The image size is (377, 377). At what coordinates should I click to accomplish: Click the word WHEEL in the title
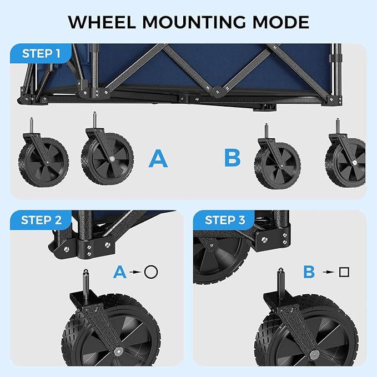tap(105, 22)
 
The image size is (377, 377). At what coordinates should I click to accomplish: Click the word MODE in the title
tap(280, 22)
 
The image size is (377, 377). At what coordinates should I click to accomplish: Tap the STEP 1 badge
tap(41, 54)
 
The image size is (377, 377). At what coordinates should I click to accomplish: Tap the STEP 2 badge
tap(41, 220)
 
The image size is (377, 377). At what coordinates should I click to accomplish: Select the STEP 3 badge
tap(225, 220)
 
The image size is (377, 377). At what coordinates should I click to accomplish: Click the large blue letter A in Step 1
tap(158, 159)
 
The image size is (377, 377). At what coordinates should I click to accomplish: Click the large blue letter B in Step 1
tap(232, 158)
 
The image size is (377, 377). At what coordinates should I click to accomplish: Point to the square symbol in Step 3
tap(344, 272)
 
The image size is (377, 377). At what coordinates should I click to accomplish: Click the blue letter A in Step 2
tap(119, 272)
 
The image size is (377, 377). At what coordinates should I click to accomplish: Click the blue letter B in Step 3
tap(309, 272)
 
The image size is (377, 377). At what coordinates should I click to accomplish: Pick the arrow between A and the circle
tap(135, 272)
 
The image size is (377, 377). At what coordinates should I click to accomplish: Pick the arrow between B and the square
tap(328, 272)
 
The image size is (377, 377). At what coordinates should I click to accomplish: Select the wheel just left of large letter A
tap(108, 157)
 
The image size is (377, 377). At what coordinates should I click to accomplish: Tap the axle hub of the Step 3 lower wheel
tap(315, 354)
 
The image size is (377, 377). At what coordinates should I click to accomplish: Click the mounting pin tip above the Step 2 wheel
tap(87, 272)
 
